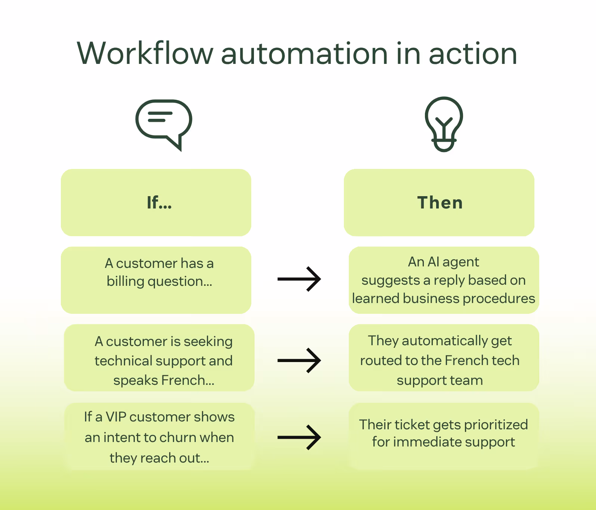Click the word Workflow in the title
145,53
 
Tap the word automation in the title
304,53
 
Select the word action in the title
473,53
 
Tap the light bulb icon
444,124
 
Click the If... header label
159,203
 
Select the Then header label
440,203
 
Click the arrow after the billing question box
299,279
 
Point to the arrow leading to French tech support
299,360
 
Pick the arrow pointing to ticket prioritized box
299,437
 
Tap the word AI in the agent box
433,262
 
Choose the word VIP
116,417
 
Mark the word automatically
445,341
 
